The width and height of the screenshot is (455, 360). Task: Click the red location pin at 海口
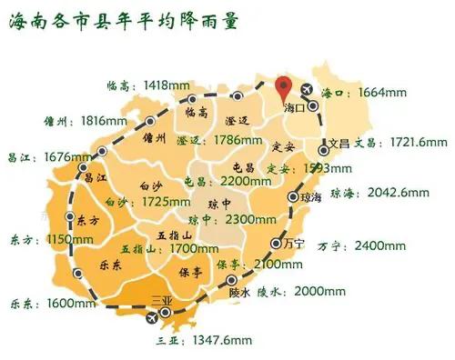click(x=284, y=89)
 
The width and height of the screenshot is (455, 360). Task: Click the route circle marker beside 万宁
click(x=275, y=243)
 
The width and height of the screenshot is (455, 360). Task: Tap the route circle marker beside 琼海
click(x=293, y=196)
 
